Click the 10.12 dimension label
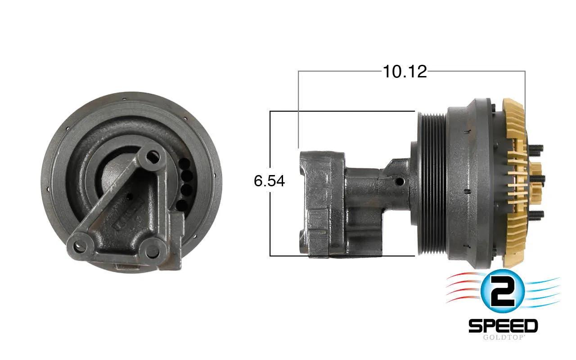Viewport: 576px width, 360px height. [x=405, y=72]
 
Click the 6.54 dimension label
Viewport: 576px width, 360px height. [x=269, y=181]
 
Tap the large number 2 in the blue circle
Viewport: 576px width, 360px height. [x=503, y=292]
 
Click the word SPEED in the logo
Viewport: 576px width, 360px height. [x=503, y=326]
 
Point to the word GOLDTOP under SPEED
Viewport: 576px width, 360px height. [x=503, y=337]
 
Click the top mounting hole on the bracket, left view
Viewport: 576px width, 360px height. [x=153, y=157]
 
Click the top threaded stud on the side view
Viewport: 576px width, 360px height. [x=535, y=148]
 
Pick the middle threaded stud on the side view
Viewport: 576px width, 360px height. [x=537, y=179]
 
